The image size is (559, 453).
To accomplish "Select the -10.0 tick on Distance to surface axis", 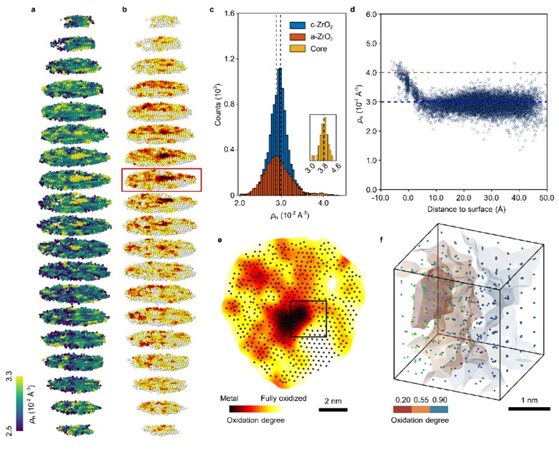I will tap(381, 197).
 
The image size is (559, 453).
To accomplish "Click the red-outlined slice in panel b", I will tap(162, 180).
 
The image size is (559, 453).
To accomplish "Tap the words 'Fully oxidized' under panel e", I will tap(284, 399).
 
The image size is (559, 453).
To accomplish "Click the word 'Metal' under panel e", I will tap(231, 399).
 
